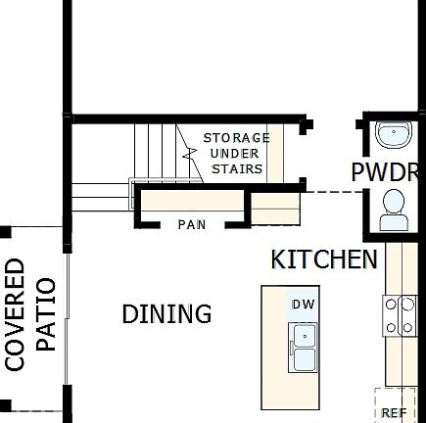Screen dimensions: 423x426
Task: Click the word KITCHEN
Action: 324,259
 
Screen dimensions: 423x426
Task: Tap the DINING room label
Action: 166,314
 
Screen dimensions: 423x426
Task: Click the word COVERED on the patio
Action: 16,314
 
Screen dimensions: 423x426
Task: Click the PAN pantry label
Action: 191,225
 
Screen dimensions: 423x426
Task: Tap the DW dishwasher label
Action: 302,305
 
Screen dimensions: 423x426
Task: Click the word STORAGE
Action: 236,138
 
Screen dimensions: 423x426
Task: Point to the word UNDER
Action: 236,153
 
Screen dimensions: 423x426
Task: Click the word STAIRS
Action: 238,168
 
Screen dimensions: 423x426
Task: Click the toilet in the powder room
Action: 394,208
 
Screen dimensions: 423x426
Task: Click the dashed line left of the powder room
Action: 329,192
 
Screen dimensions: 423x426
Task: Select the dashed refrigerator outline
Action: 395,403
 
